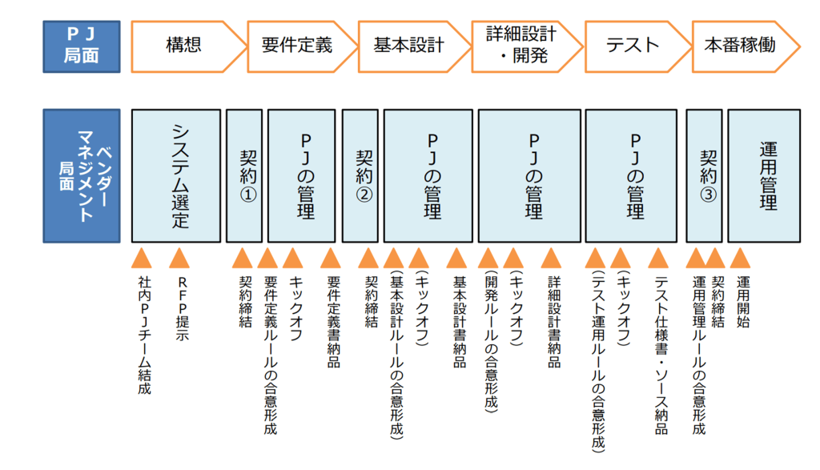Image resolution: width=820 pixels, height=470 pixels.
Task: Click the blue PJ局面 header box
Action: point(82,46)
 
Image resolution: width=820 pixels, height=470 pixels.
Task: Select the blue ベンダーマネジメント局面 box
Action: point(82,175)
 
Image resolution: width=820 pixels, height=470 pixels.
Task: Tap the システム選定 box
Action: point(175,175)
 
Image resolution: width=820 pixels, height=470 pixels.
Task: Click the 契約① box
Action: point(244,175)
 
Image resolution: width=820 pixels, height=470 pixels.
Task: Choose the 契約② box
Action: point(360,175)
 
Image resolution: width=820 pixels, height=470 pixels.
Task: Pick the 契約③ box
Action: point(705,175)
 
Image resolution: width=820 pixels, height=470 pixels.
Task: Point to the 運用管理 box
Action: point(764,175)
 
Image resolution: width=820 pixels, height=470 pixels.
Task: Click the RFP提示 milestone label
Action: point(182,309)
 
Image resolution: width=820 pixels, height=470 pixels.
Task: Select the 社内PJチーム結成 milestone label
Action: point(145,335)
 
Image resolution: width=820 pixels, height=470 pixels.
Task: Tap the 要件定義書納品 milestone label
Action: point(334,322)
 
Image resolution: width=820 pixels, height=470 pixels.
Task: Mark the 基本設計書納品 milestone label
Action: point(460,322)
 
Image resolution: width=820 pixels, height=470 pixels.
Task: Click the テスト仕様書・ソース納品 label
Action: point(661,356)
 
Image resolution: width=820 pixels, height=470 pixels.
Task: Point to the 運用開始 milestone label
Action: point(743,302)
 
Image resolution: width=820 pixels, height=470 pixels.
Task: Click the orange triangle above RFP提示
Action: point(179,259)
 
